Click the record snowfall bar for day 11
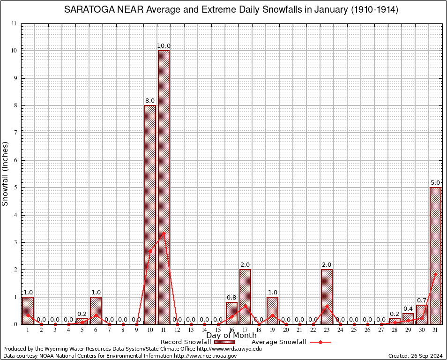164,187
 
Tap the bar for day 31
435,255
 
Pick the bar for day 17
245,296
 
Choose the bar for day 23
327,296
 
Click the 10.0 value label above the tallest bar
164,45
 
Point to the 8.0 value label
150,100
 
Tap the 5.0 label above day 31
435,182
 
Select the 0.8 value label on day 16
231,297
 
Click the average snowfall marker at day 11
164,233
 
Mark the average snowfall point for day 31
435,274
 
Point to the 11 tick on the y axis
14,23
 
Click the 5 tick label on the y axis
15,187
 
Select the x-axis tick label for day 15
218,330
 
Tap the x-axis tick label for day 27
381,330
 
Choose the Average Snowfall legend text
279,342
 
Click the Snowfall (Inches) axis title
6,173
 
